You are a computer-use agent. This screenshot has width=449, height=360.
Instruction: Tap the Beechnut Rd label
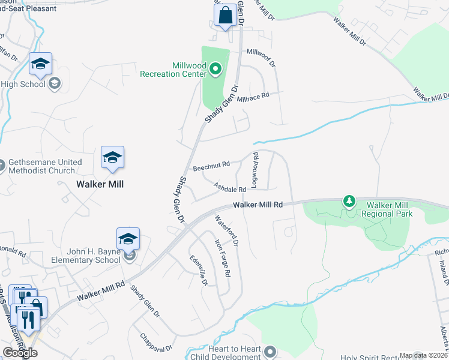[x=211, y=164]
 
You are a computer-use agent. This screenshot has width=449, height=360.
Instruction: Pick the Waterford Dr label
[x=228, y=231]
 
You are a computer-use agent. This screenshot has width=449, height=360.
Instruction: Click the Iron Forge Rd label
[x=223, y=258]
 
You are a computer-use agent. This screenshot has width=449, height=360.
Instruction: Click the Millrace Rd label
[x=253, y=96]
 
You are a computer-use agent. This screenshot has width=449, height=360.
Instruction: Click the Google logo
[x=20, y=353]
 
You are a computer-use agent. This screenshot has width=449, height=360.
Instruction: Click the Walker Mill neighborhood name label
[x=100, y=184]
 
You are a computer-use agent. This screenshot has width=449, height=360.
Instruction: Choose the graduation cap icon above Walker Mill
[x=112, y=158]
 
